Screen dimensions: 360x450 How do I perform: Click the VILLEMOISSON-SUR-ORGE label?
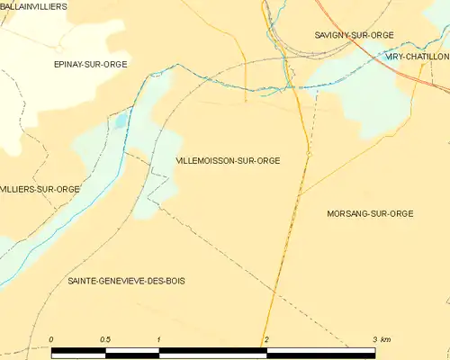tap(228, 160)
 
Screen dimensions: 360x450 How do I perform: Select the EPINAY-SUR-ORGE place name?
tap(90, 64)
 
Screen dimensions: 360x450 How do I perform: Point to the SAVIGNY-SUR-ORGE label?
tap(355, 34)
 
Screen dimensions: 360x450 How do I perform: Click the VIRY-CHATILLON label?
tap(417, 56)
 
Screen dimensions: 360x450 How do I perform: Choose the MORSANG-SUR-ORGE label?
tap(372, 213)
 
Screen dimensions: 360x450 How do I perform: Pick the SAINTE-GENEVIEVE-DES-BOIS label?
tap(126, 282)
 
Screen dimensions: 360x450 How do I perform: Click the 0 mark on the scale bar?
tap(51, 338)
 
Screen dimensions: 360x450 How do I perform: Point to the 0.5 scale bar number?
tap(105, 338)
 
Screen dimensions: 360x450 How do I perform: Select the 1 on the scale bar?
tap(158, 338)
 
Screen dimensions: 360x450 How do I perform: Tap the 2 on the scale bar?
tap(266, 338)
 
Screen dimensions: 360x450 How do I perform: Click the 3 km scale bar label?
tap(382, 338)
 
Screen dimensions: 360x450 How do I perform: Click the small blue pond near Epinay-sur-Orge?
tap(122, 120)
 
